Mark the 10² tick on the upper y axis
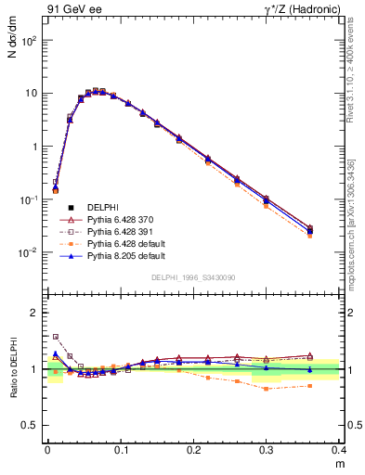tap(29, 41)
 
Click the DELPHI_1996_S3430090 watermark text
tap(192, 277)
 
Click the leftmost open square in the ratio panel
tap(55, 337)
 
